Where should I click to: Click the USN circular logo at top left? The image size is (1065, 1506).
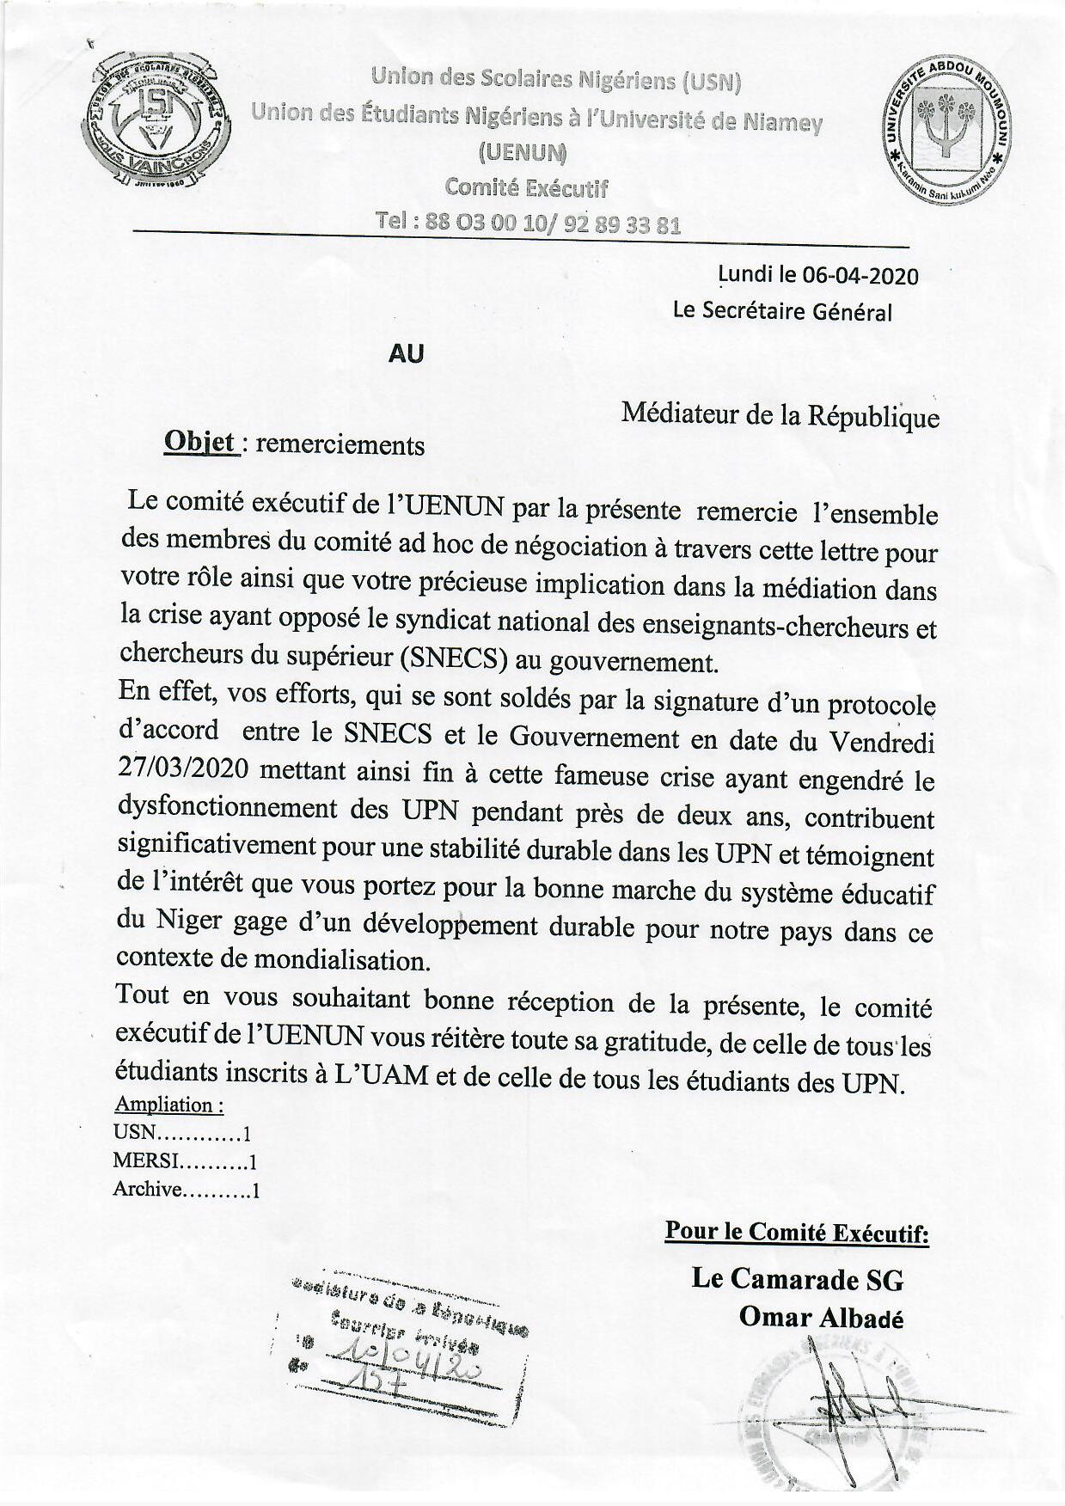click(155, 120)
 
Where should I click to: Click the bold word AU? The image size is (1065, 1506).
click(407, 353)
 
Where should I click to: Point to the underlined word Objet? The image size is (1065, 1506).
click(199, 442)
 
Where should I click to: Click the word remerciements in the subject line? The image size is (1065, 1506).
click(340, 444)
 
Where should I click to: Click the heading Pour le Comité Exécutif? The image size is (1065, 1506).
click(796, 1233)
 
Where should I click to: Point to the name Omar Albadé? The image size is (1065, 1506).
click(821, 1318)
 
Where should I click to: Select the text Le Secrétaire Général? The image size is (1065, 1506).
click(782, 311)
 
